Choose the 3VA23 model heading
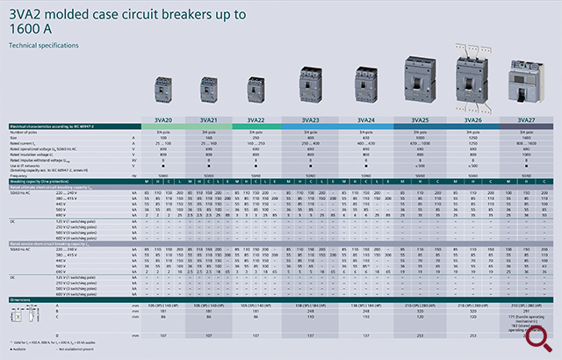pos(309,119)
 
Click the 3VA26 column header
pos(472,119)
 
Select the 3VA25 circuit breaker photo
pos(419,83)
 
